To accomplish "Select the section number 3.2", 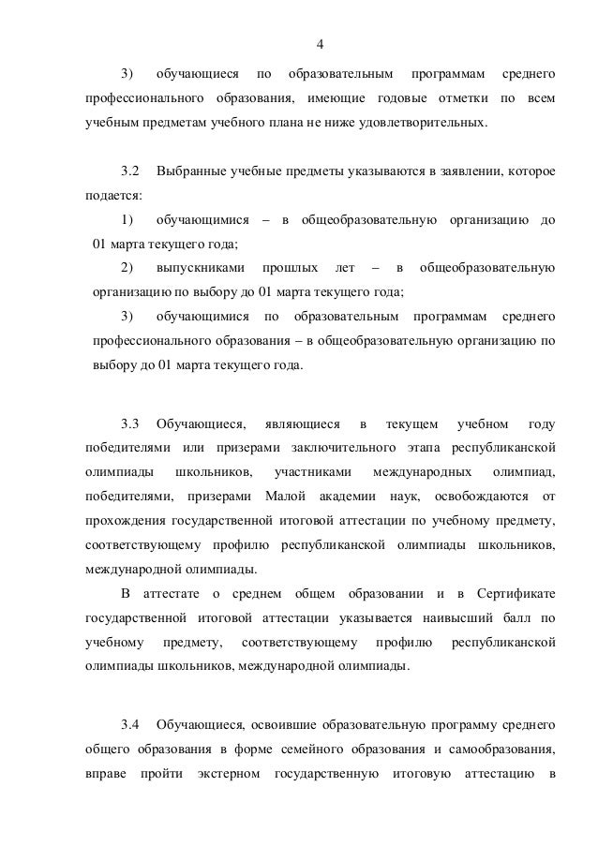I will (x=130, y=173).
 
